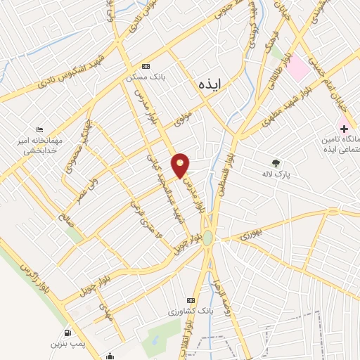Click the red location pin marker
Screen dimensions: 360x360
click(x=181, y=166)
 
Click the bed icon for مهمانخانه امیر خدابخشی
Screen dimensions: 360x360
click(x=39, y=130)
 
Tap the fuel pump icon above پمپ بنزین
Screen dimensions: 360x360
click(x=67, y=333)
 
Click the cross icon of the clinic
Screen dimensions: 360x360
click(x=344, y=128)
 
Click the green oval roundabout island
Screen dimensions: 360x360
click(x=208, y=238)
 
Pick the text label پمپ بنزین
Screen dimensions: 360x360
click(x=68, y=345)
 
